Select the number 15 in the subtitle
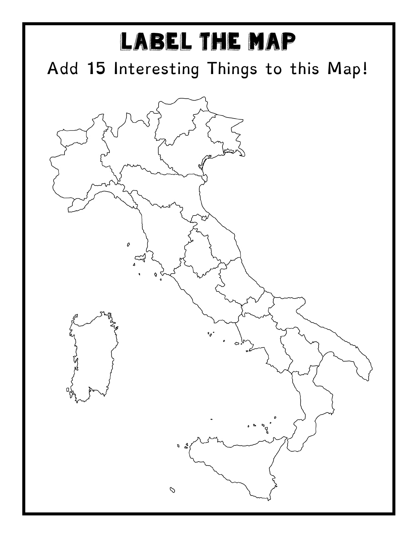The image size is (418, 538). (x=96, y=69)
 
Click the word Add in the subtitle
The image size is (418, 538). (x=63, y=69)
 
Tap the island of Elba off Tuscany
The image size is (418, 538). (x=140, y=257)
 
